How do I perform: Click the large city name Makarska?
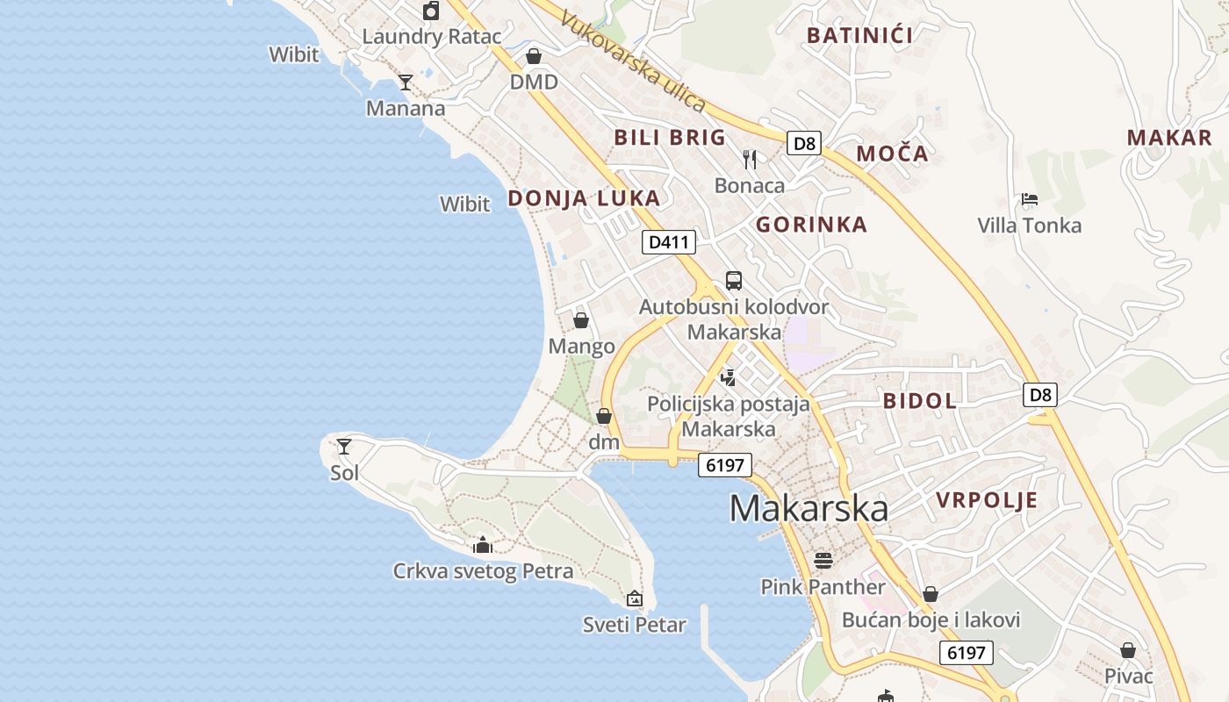click(x=809, y=509)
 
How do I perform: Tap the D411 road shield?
click(x=669, y=242)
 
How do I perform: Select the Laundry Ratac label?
click(x=431, y=37)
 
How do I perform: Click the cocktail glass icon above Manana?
click(x=406, y=82)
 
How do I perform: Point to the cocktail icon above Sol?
click(x=344, y=447)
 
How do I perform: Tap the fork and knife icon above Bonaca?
click(x=750, y=159)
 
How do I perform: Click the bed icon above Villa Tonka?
click(x=1030, y=199)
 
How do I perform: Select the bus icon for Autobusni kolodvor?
click(x=734, y=281)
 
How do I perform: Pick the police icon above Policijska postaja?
click(x=728, y=378)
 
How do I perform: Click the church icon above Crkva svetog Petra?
click(x=482, y=545)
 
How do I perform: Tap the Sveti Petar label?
click(x=635, y=625)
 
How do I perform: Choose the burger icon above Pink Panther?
click(x=823, y=560)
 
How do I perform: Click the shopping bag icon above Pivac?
click(x=1128, y=650)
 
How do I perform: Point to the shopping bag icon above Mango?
click(x=581, y=320)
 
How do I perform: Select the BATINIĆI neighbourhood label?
click(x=859, y=36)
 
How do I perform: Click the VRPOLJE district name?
click(x=987, y=501)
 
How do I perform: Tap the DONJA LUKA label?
click(x=584, y=198)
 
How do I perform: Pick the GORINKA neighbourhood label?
click(x=811, y=225)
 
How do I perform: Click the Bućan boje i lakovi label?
click(x=931, y=620)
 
